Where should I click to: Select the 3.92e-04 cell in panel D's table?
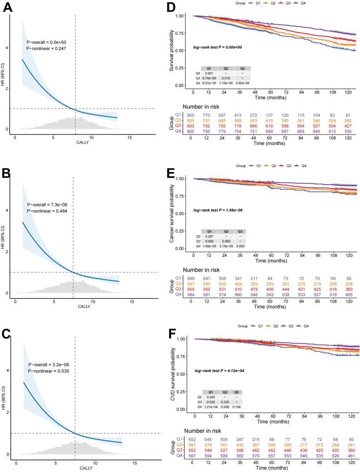click(x=242, y=82)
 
